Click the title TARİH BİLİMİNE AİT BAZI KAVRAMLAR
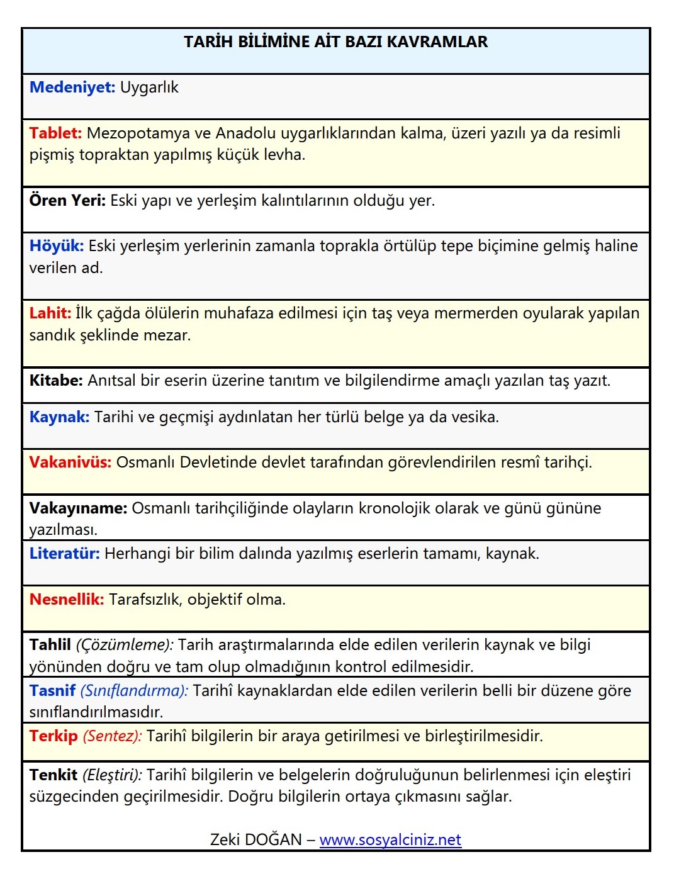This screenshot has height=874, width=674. (x=335, y=42)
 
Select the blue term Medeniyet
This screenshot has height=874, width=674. (x=72, y=87)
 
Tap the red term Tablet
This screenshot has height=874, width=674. (x=55, y=133)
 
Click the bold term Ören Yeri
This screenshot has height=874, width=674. (x=67, y=201)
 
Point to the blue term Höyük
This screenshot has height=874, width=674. (x=56, y=246)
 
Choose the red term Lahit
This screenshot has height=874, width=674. (x=50, y=313)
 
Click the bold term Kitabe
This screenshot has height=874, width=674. (x=56, y=381)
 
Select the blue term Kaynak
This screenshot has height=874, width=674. (x=59, y=417)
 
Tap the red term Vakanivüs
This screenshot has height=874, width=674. (x=70, y=462)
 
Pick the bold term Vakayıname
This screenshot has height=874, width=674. (x=78, y=508)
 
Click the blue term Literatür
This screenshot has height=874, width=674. (x=64, y=554)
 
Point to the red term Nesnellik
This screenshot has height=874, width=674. (x=66, y=600)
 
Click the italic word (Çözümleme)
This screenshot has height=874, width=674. (x=125, y=645)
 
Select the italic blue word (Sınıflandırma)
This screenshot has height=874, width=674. (x=134, y=691)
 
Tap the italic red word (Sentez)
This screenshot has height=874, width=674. (x=113, y=736)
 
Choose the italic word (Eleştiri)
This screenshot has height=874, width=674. (x=112, y=775)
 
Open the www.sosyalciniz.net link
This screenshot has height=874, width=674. (x=390, y=840)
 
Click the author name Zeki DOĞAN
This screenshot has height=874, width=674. (x=256, y=840)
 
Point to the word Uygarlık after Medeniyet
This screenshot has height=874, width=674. (x=149, y=87)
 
